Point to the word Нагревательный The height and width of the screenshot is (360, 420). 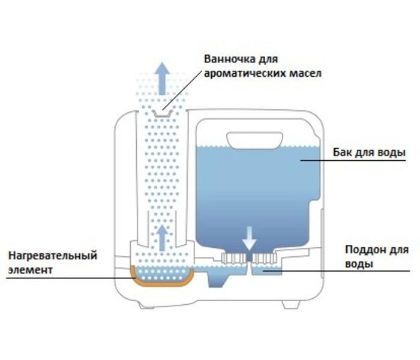pyautogui.click(x=52, y=256)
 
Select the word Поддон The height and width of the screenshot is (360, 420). pyautogui.click(x=362, y=250)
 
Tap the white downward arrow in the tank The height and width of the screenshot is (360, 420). pyautogui.click(x=249, y=238)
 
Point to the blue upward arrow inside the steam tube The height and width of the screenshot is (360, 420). pyautogui.click(x=161, y=236)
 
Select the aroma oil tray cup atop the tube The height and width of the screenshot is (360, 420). pyautogui.click(x=161, y=112)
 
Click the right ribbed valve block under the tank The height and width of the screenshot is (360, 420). pyautogui.click(x=264, y=259)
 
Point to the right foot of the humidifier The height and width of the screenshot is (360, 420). pyautogui.click(x=290, y=304)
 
